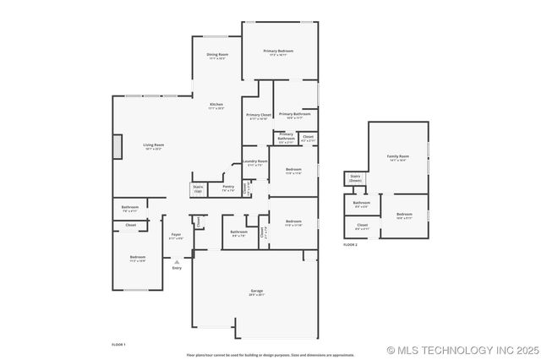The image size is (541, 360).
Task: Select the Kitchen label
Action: (x=216, y=106)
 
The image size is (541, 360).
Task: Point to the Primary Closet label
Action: (x=259, y=116)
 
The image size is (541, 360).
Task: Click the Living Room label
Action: (x=153, y=146)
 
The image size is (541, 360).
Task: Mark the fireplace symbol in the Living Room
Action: (x=117, y=149)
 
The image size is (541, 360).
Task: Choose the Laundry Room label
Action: (x=255, y=162)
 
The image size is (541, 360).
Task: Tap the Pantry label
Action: (x=228, y=188)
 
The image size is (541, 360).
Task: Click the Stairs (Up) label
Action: (x=198, y=188)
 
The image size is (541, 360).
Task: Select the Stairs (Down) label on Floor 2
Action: (x=356, y=179)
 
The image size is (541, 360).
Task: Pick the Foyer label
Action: (x=176, y=236)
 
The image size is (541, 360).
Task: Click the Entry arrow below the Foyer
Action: (x=177, y=263)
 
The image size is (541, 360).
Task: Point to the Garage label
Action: (x=256, y=292)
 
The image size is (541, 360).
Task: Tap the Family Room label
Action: (x=397, y=157)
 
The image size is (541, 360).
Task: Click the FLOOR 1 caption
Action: (x=118, y=345)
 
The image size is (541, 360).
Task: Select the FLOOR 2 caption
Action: (x=350, y=244)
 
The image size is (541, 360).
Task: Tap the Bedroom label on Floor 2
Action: (x=404, y=215)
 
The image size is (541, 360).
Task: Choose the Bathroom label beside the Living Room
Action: (x=129, y=208)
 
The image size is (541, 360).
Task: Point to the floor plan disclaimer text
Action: (x=270, y=355)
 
